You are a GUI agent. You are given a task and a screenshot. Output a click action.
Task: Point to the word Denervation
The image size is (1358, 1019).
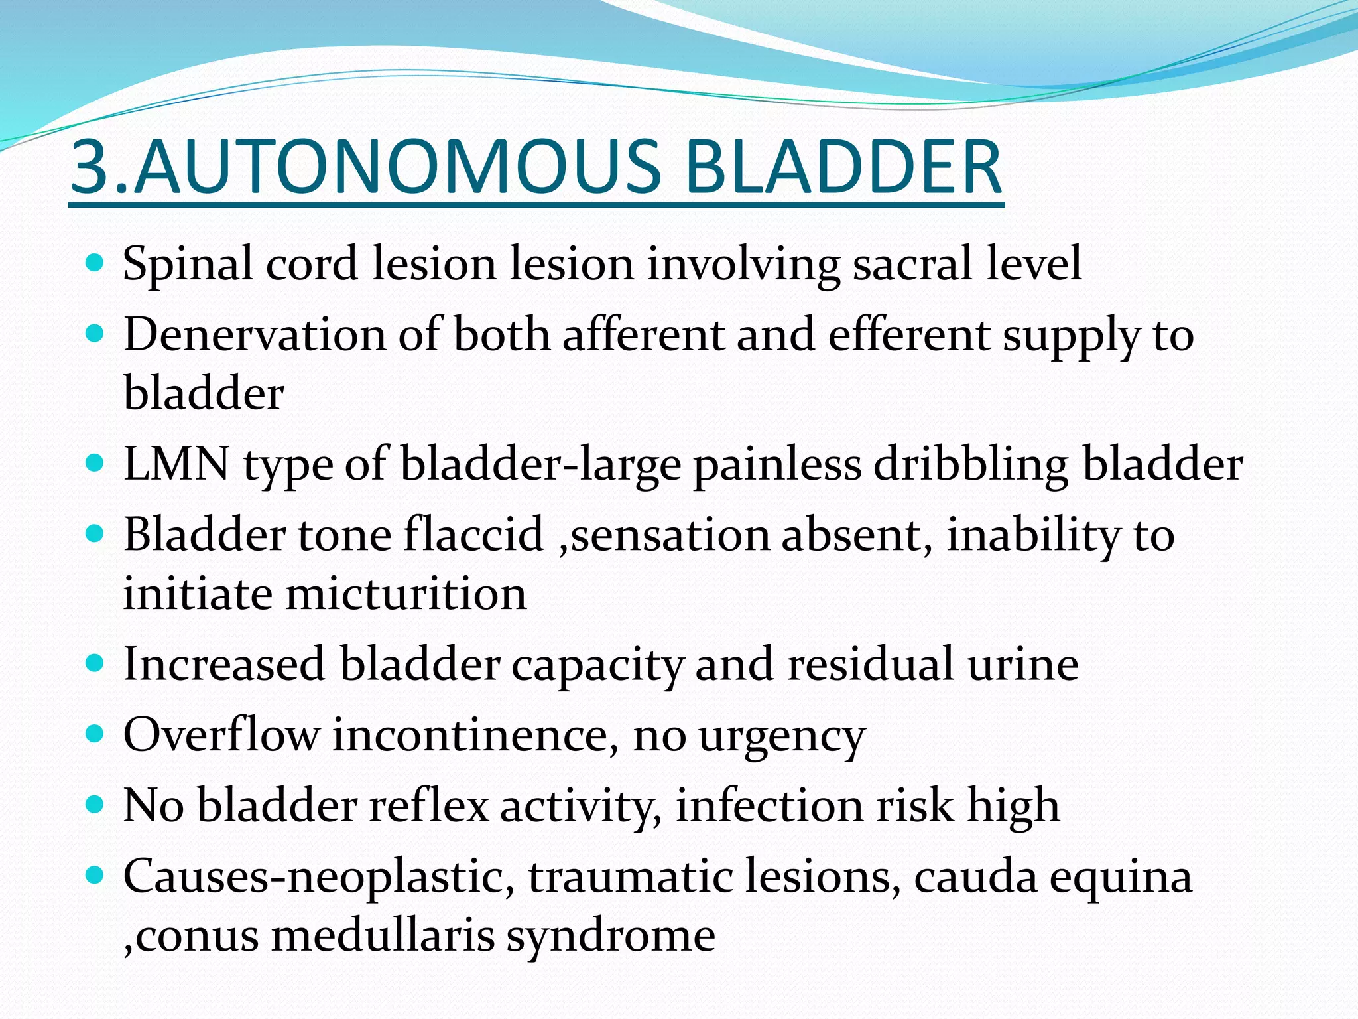tap(254, 335)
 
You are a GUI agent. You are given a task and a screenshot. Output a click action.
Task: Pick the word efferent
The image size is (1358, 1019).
tap(908, 335)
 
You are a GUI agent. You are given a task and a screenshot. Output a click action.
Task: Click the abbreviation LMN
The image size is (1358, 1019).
tap(176, 464)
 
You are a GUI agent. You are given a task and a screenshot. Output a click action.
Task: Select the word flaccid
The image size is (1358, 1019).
tap(473, 535)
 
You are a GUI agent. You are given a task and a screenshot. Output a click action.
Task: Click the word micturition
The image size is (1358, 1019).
tap(406, 594)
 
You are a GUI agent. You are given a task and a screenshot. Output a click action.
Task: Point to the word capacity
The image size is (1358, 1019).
tap(596, 665)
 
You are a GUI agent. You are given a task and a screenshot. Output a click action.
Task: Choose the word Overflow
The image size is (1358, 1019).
tap(221, 735)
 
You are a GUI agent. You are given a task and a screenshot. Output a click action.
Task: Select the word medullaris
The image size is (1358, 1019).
tap(383, 936)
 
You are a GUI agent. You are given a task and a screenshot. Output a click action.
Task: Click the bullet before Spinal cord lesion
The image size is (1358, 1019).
tap(95, 264)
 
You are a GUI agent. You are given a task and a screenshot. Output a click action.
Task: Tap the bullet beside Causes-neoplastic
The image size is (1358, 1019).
tap(95, 876)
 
